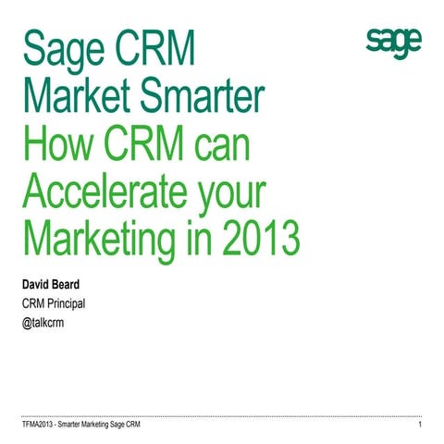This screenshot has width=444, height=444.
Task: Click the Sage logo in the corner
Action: (x=393, y=42)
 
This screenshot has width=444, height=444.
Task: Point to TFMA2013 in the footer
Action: (x=41, y=425)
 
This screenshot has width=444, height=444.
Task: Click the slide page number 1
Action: (x=420, y=425)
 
